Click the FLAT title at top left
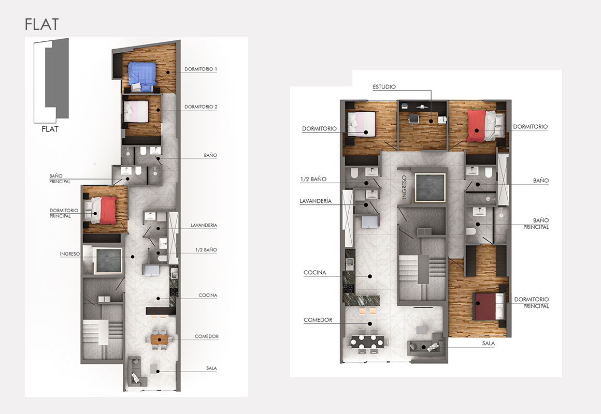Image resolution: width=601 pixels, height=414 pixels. click(x=42, y=24)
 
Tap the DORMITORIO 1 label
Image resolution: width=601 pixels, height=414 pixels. click(x=201, y=69)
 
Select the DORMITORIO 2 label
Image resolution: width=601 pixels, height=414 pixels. click(x=201, y=107)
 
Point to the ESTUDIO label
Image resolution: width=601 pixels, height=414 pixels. click(x=384, y=87)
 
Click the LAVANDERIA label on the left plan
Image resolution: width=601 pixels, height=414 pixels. click(x=204, y=226)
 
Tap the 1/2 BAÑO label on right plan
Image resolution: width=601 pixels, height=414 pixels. click(x=313, y=179)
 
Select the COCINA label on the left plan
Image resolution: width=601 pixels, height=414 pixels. click(x=208, y=295)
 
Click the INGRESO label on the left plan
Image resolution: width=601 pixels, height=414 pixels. click(x=70, y=254)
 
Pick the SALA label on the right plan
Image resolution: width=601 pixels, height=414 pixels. click(x=488, y=344)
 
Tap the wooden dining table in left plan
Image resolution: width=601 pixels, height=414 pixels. click(x=160, y=339)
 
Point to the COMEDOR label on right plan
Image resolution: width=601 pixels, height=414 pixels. click(x=318, y=320)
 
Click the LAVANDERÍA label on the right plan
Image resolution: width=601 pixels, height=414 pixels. click(x=316, y=201)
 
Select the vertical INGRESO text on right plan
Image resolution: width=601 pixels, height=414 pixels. click(x=404, y=187)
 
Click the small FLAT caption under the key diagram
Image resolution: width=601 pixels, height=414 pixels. click(x=50, y=129)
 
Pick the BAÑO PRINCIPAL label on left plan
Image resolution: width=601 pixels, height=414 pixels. click(x=60, y=179)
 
